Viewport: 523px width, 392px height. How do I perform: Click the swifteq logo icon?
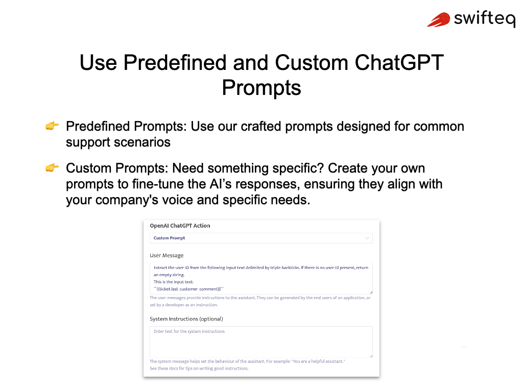(x=439, y=20)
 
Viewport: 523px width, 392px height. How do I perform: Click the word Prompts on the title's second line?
(x=261, y=88)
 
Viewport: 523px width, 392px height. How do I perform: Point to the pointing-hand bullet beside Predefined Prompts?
(x=52, y=126)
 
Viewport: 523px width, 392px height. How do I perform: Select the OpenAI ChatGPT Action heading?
(x=180, y=226)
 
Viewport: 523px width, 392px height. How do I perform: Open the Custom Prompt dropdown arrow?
(x=367, y=238)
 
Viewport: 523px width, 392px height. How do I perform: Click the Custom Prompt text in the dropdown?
(x=169, y=238)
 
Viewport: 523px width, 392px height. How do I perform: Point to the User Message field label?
(x=167, y=255)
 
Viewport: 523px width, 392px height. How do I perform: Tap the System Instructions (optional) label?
(x=186, y=319)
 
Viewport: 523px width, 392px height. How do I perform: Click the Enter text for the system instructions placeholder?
(x=189, y=331)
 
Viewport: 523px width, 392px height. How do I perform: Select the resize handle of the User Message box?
(x=371, y=292)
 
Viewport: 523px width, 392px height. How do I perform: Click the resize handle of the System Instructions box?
(x=371, y=356)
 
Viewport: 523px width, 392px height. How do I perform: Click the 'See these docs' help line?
(x=199, y=368)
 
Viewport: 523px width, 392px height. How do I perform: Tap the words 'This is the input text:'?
(x=174, y=282)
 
